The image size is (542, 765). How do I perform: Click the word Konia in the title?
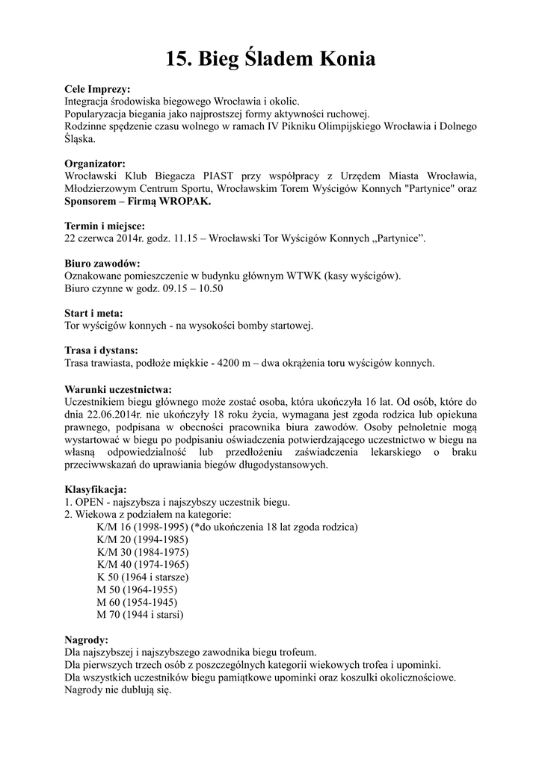click(340, 59)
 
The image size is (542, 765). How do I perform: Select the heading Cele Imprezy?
click(97, 88)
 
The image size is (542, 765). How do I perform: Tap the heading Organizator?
click(95, 164)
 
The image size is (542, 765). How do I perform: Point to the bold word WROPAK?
click(185, 202)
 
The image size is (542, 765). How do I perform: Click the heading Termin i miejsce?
click(105, 226)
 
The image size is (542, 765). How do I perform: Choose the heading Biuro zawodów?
click(102, 264)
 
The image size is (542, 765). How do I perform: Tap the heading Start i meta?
click(94, 314)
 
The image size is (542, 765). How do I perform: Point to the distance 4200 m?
click(232, 363)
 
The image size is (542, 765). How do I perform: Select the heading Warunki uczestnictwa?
click(118, 389)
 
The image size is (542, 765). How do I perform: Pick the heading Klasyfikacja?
click(96, 489)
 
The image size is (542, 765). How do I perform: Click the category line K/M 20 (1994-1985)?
click(142, 539)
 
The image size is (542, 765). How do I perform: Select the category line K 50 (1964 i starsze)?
click(142, 577)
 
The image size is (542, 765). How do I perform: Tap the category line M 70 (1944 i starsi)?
click(140, 615)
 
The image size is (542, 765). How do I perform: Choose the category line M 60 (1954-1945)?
click(137, 602)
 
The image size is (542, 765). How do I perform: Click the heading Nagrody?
click(87, 640)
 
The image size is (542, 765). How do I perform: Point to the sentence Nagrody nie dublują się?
click(118, 690)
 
